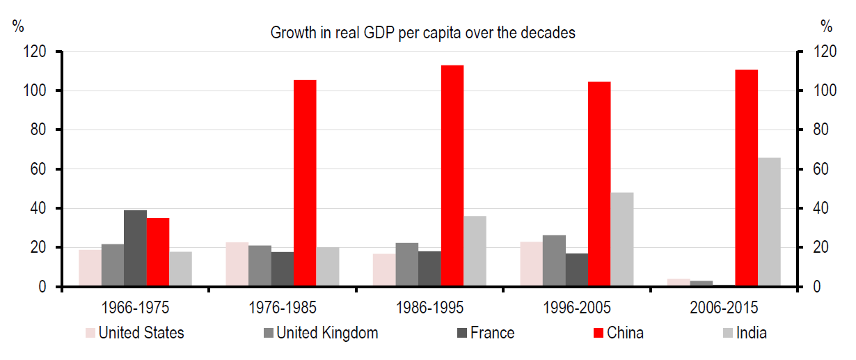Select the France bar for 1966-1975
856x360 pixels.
(135, 248)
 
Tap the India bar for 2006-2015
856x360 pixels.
(769, 222)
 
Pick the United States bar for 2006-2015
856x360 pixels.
(679, 283)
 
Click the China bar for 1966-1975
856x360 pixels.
(158, 252)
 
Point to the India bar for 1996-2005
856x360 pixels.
(622, 240)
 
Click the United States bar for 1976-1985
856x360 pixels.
(237, 264)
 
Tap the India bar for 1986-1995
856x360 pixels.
(475, 251)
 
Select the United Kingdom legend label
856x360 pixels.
(327, 333)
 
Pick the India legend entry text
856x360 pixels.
(751, 333)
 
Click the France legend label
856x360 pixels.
(492, 333)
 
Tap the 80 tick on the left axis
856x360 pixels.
(36, 130)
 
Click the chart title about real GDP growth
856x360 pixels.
(423, 32)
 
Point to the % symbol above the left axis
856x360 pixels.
(18, 27)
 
